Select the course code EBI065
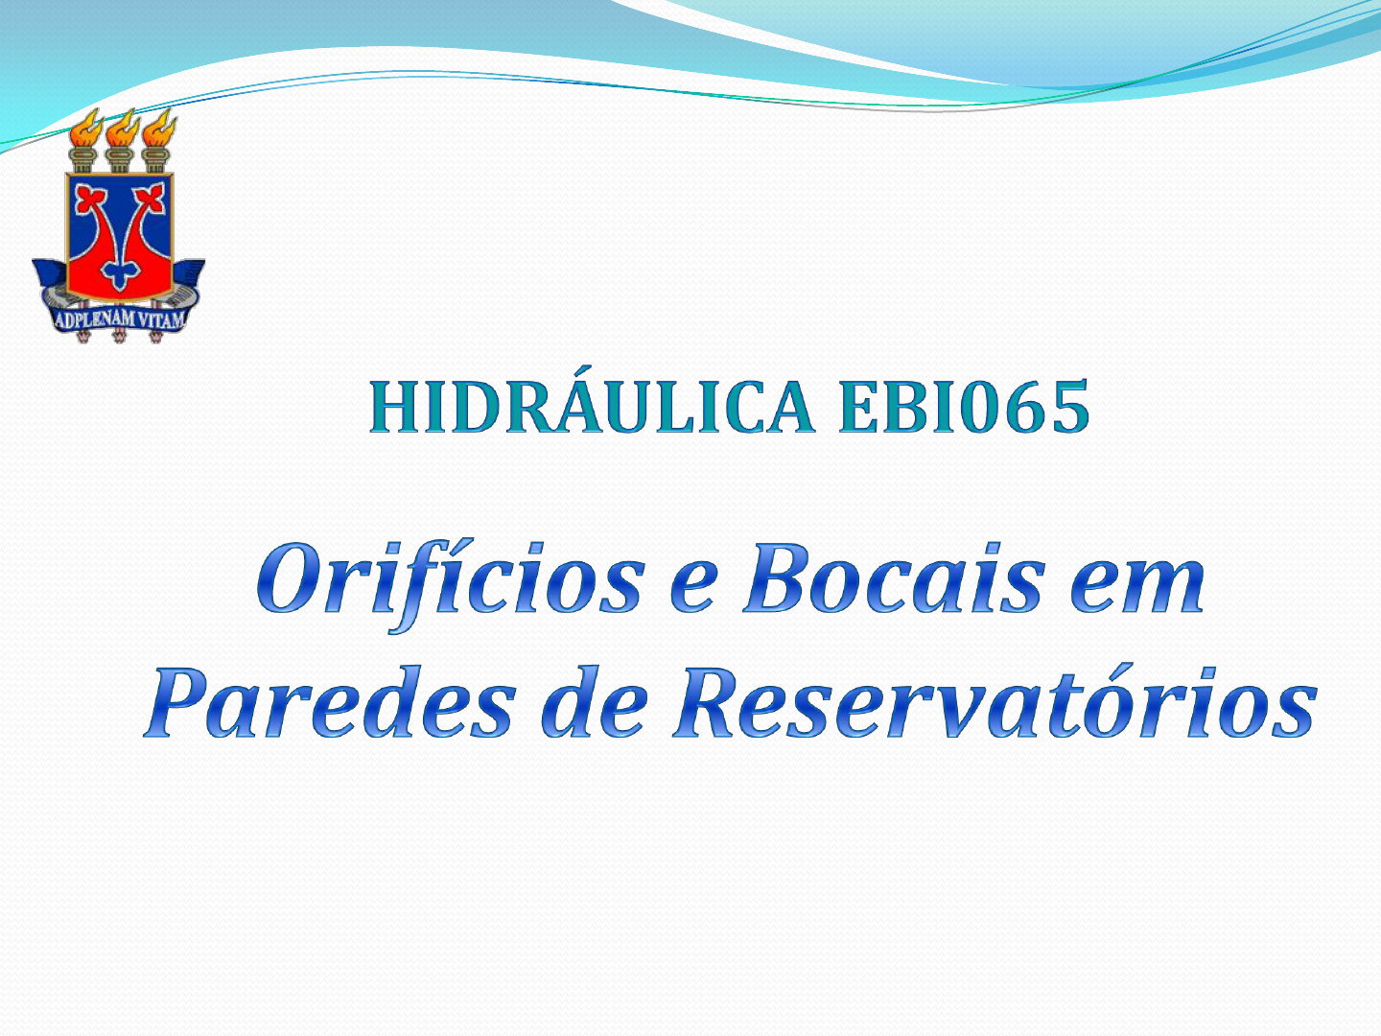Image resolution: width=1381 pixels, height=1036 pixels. (964, 407)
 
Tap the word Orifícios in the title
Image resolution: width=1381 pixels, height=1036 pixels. (451, 582)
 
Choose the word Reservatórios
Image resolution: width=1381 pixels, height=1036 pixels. (995, 700)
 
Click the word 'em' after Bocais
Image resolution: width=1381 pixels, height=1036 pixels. (1137, 587)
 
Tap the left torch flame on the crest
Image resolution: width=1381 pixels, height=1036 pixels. (85, 128)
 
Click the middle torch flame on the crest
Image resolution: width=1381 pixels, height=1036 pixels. (122, 128)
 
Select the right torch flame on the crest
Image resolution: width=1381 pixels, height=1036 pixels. (159, 128)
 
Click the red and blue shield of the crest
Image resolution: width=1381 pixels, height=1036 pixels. (120, 236)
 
